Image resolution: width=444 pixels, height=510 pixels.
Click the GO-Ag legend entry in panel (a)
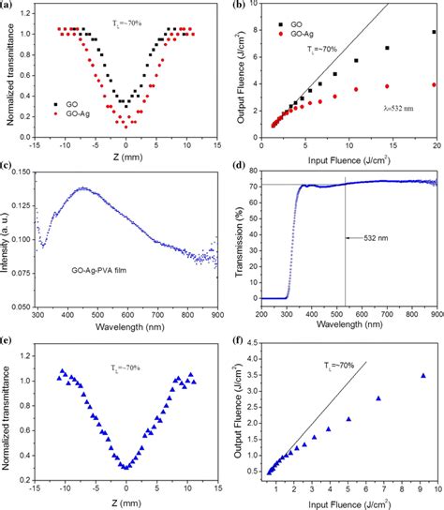click(x=68, y=112)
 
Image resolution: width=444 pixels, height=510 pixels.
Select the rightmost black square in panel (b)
click(x=433, y=32)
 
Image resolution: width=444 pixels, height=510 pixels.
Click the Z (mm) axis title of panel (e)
click(x=126, y=502)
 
